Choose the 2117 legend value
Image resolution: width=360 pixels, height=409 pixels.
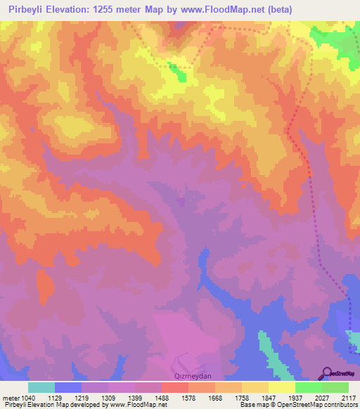pos(347,398)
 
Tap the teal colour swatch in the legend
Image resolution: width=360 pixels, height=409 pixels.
pos(41,387)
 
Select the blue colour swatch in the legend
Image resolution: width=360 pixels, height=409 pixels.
pos(68,387)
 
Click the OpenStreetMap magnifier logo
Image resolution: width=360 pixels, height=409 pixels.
pos(327,373)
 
